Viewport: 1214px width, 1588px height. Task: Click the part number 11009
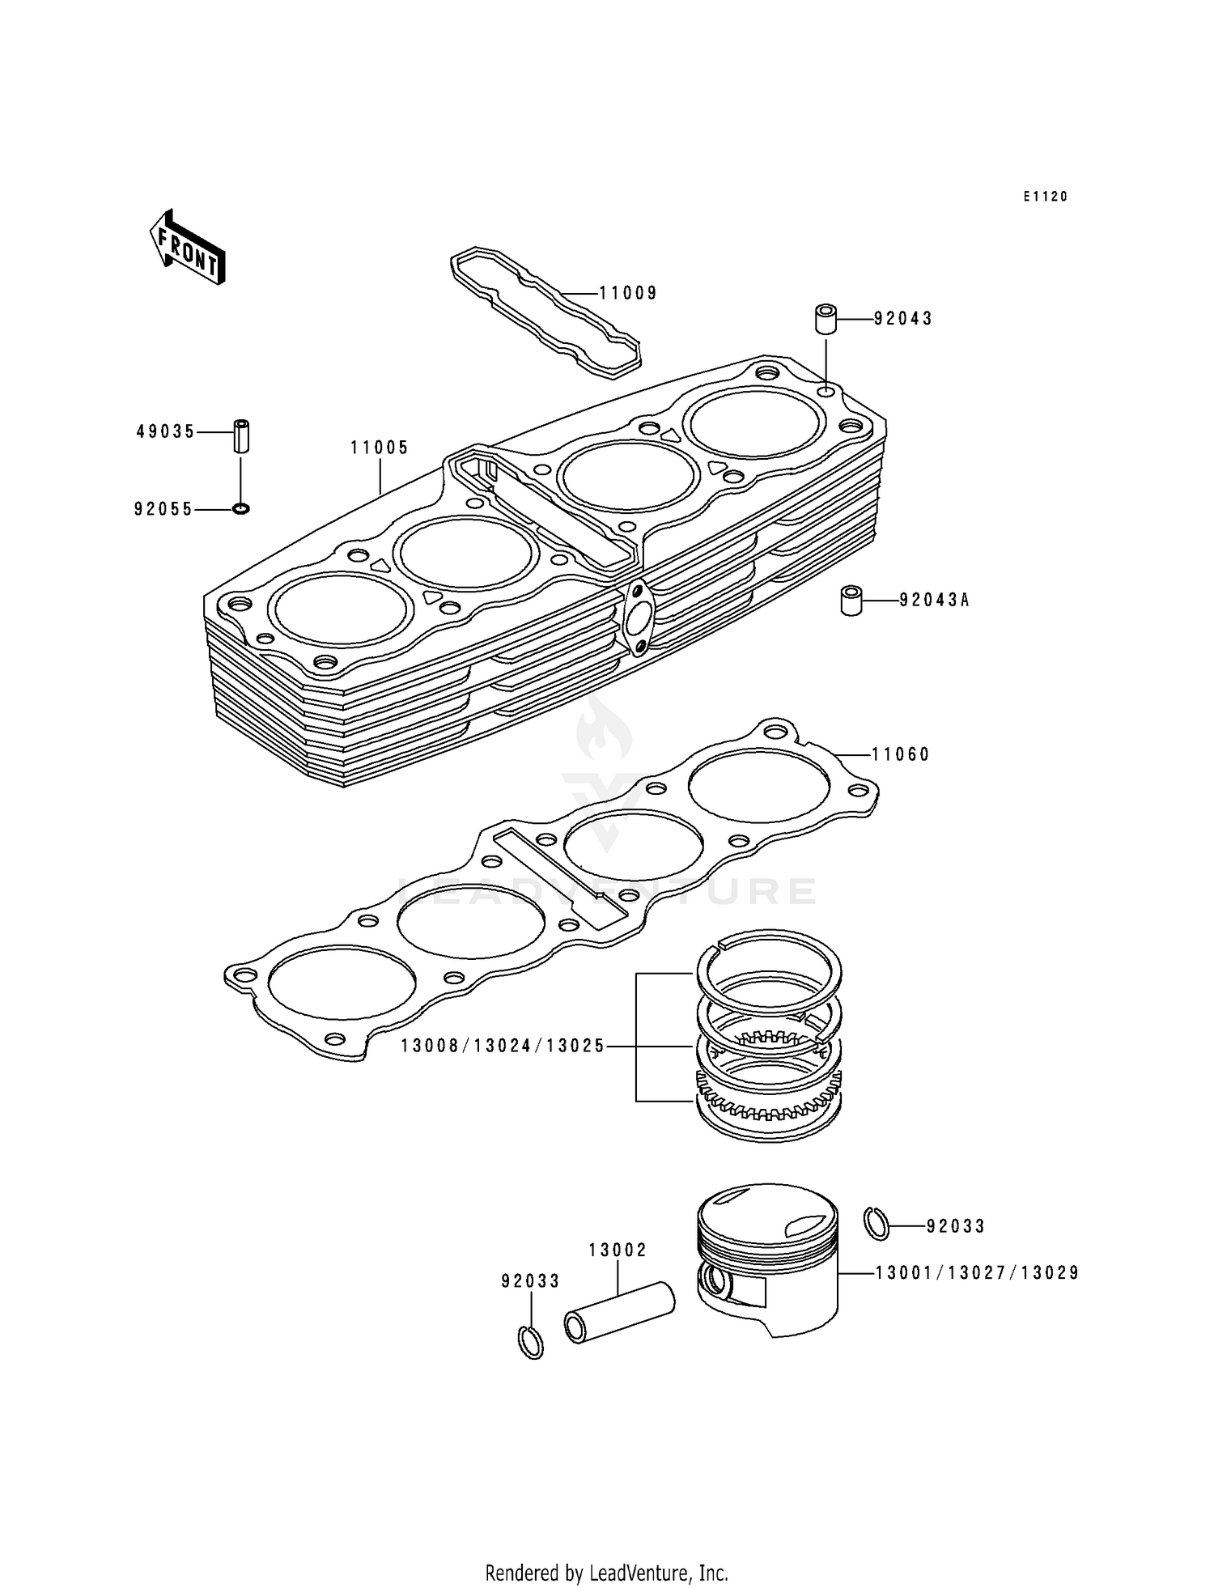coord(628,293)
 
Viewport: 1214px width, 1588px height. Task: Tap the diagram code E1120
coord(1045,197)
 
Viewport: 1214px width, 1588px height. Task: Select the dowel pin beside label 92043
coord(826,319)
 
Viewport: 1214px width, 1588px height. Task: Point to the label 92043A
coord(935,600)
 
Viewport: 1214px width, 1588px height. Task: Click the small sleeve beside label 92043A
coord(851,601)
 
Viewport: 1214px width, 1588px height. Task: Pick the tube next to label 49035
coord(241,435)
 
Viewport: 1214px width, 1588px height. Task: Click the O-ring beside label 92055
coord(241,509)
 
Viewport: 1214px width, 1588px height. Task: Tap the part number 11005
coord(379,448)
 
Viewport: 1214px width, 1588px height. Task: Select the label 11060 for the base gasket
coord(901,754)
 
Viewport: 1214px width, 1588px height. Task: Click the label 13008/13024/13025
coord(503,1046)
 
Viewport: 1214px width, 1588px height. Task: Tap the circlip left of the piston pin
coord(530,1343)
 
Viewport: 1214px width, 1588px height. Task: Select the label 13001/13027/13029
coord(977,1273)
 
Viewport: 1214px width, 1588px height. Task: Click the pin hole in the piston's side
coord(716,1281)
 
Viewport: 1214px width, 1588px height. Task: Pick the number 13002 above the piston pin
coord(618,1250)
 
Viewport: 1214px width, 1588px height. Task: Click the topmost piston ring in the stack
coord(770,959)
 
